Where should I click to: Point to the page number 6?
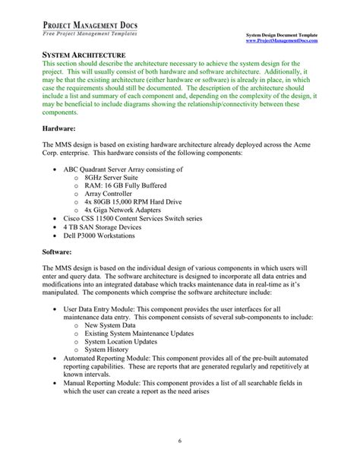179,441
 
